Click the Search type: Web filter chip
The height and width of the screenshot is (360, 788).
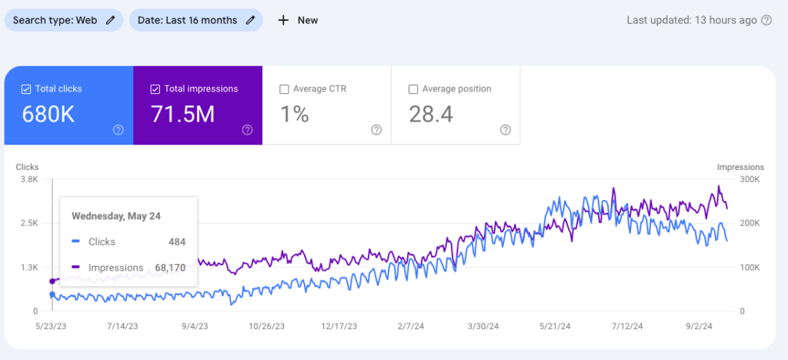(x=63, y=21)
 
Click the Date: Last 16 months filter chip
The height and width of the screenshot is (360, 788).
(x=195, y=21)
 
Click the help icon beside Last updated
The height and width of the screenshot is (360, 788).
(x=766, y=21)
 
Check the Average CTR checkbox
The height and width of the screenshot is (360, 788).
(x=284, y=89)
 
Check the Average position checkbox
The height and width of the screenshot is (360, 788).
(x=413, y=89)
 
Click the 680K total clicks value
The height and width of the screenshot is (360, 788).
(x=48, y=115)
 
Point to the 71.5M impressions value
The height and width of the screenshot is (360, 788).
(x=182, y=115)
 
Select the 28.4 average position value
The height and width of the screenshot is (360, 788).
(x=432, y=115)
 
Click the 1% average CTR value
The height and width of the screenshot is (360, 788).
(x=294, y=115)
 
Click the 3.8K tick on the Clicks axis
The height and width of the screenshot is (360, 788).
(x=29, y=179)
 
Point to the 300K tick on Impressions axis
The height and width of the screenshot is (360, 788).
(x=750, y=179)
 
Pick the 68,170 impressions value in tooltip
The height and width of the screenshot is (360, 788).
(x=169, y=268)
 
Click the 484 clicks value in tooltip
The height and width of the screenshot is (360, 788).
(x=176, y=242)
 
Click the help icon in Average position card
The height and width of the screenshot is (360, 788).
(x=505, y=130)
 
